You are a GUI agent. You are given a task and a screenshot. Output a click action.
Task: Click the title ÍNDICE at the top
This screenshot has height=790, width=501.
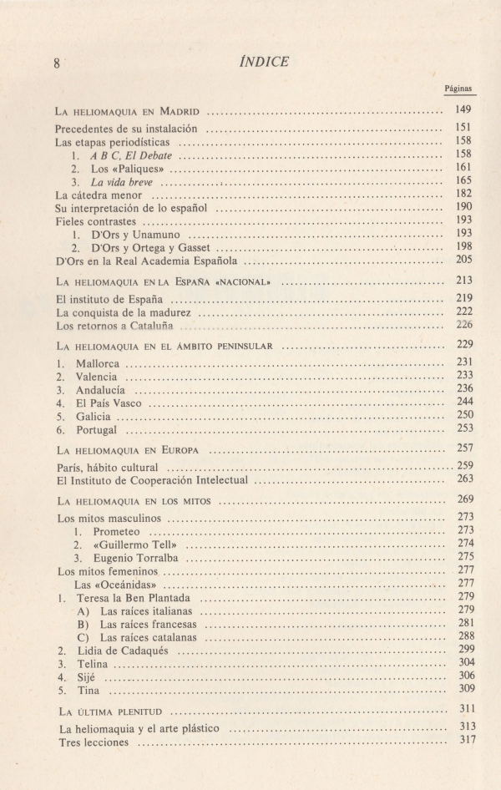click(264, 60)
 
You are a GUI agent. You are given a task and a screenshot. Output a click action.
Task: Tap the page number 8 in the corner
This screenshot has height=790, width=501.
click(57, 63)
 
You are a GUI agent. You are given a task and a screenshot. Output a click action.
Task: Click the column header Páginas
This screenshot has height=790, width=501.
click(458, 87)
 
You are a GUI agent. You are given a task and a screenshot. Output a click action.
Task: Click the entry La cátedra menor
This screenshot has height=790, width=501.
click(102, 194)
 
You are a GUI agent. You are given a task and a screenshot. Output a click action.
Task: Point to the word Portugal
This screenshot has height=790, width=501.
click(96, 429)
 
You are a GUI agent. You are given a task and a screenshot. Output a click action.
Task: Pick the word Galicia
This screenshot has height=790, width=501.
click(94, 415)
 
